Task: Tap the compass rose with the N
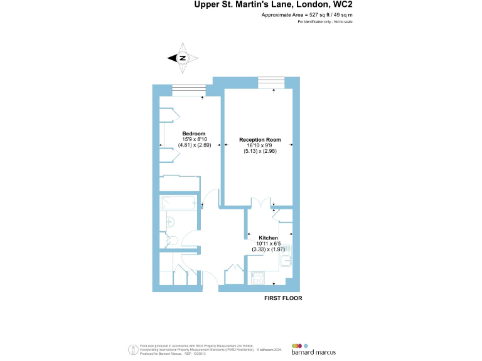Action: coord(183,58)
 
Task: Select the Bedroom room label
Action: coord(194,133)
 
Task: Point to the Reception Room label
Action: coord(260,139)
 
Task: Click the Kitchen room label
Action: coord(268,238)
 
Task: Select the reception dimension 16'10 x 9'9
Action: coord(260,145)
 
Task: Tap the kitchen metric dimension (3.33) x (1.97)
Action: coord(268,249)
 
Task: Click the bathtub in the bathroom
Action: coord(178,202)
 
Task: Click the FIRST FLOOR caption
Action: coord(282,298)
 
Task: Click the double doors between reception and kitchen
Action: coord(259,204)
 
